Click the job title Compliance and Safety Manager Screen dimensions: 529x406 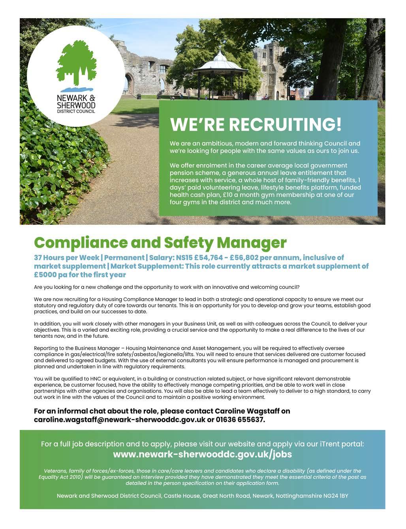tap(160, 242)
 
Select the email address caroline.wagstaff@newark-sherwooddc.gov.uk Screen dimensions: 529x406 tap(120, 420)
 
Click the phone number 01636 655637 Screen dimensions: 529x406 tap(240, 420)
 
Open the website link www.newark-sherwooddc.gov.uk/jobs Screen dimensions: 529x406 tap(202, 454)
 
